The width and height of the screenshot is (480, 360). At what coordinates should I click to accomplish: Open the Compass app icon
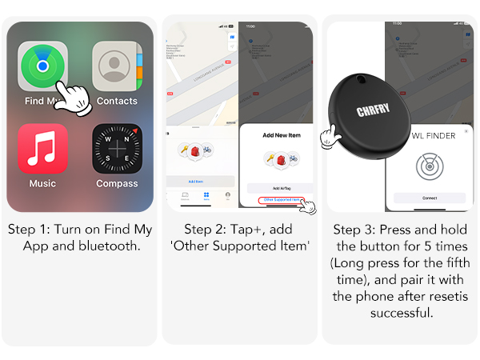point(117,149)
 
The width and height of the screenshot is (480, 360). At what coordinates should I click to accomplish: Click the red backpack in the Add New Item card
point(279,160)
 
